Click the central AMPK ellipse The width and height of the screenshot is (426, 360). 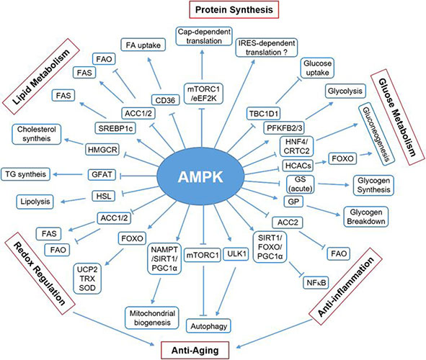(x=201, y=176)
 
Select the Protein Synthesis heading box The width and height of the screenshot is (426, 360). (x=234, y=10)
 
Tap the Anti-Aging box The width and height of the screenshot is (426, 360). (x=195, y=350)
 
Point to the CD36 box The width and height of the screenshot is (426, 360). (x=165, y=100)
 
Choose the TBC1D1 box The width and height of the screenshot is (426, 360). (x=264, y=113)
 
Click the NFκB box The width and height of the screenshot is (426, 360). (x=316, y=283)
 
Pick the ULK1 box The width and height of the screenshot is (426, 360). (x=236, y=254)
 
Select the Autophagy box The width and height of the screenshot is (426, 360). (x=208, y=326)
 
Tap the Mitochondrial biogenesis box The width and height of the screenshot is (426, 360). (x=152, y=318)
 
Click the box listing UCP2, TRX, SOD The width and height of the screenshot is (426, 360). (x=87, y=279)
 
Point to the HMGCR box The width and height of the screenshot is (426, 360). (x=102, y=150)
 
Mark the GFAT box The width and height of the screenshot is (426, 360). (x=102, y=174)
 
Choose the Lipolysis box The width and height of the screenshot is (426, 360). (x=35, y=202)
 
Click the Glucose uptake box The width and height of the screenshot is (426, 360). (x=317, y=68)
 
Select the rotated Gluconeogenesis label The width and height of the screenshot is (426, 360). (x=376, y=134)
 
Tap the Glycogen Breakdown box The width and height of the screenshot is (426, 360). (x=366, y=217)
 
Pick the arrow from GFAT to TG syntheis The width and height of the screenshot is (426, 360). (x=68, y=174)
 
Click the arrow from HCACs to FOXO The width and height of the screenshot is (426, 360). (x=320, y=163)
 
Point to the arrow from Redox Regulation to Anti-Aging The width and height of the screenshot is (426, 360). (x=114, y=329)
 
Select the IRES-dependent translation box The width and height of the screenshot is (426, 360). (x=267, y=48)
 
